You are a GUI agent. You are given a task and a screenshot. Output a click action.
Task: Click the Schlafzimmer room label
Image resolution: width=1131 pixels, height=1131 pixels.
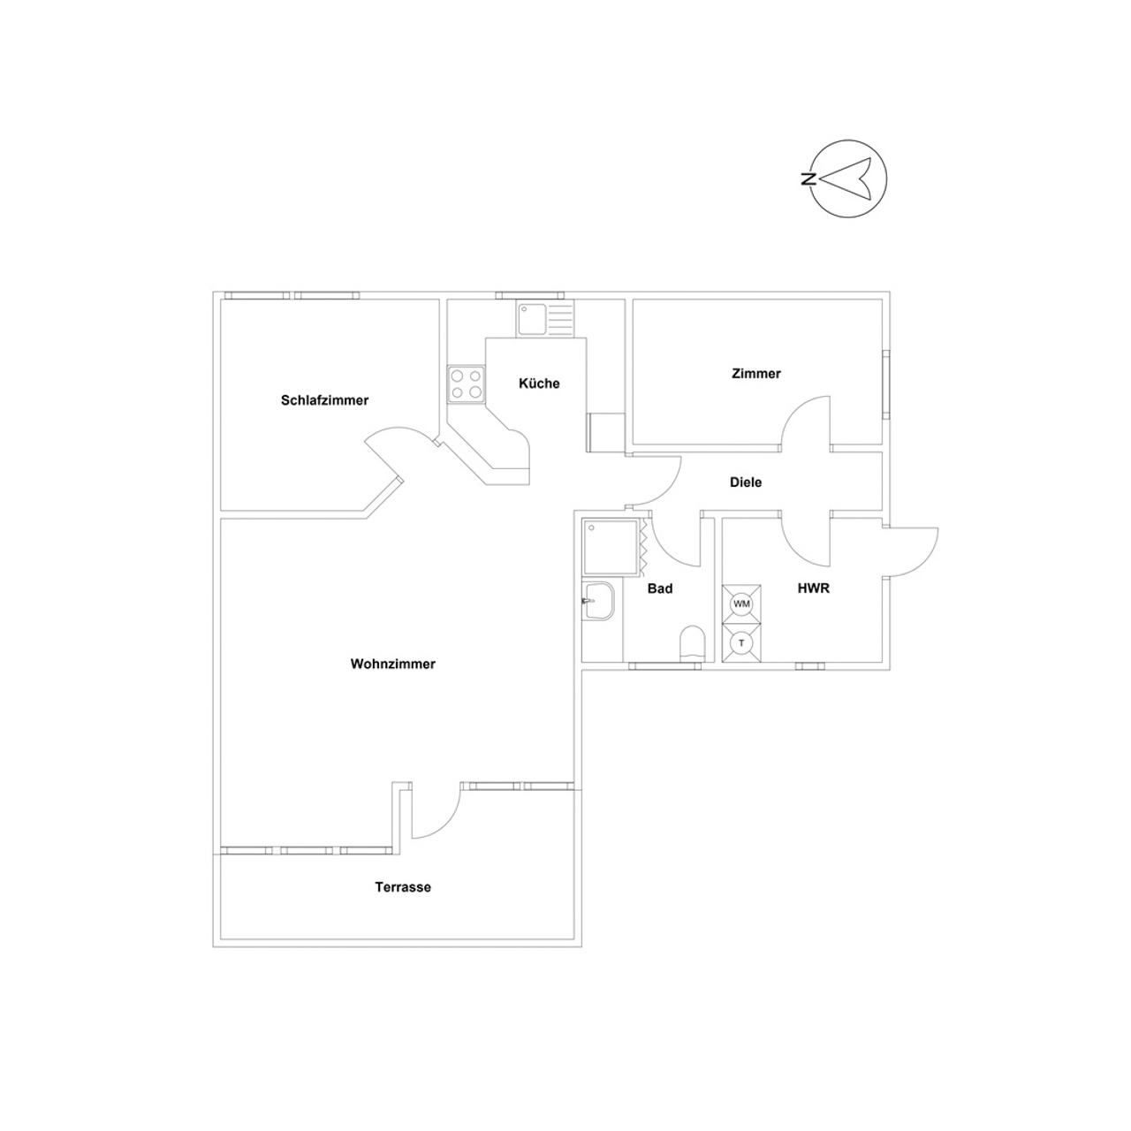pos(324,400)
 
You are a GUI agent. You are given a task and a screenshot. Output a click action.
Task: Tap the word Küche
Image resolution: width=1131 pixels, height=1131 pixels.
pos(539,383)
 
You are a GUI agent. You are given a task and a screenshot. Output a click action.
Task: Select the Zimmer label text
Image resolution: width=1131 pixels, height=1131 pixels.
pos(756,373)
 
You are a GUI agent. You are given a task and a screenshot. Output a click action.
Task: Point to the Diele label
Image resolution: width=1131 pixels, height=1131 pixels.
pos(746,482)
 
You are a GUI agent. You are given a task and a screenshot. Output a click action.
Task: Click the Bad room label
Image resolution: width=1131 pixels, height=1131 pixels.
pos(660,588)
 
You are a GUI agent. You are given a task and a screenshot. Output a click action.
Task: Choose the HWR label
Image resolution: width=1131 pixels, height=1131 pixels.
pos(814,588)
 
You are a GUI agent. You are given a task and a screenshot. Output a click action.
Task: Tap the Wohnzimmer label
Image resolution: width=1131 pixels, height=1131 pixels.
pos(392,664)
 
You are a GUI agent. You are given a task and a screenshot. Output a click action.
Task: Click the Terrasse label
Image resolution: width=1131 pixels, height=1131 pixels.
pos(403,887)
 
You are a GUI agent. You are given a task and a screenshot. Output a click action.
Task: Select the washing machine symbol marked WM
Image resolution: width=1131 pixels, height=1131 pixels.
pos(741,603)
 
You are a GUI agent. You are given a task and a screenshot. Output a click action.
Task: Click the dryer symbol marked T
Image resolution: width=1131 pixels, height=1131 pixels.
pos(741,642)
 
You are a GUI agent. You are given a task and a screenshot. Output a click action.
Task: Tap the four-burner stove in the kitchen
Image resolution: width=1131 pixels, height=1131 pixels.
pos(466,383)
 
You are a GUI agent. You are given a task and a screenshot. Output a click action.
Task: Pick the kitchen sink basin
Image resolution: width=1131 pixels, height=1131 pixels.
pos(531,319)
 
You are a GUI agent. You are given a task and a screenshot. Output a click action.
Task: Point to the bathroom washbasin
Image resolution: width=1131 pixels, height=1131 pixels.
pos(598,601)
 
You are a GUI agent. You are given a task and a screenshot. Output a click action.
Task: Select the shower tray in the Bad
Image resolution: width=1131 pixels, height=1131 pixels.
pos(611,546)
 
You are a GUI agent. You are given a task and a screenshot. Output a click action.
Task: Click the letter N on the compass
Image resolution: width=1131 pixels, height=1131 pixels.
pos(808,178)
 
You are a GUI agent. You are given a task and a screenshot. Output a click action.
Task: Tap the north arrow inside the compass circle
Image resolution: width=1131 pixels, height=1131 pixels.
pos(846,178)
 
